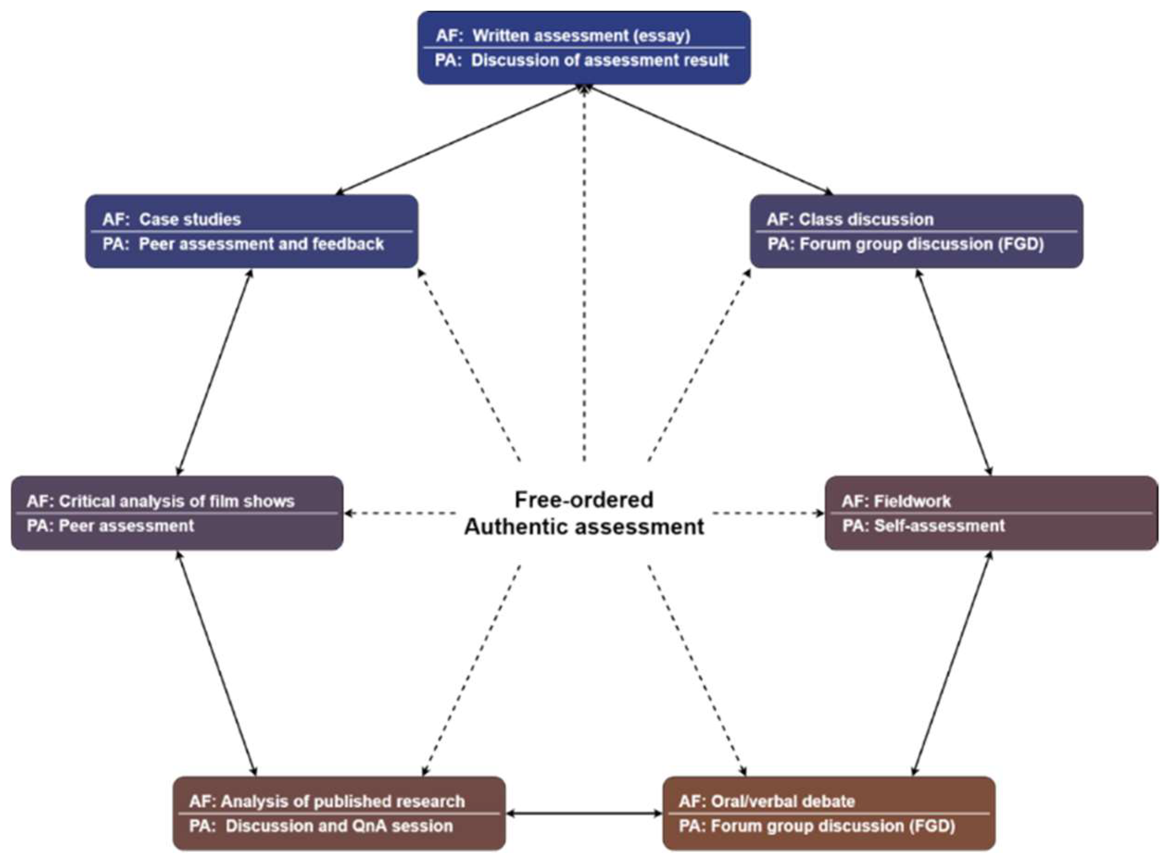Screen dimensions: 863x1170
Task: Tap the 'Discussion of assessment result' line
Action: click(x=600, y=61)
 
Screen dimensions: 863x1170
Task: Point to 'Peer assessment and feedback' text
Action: click(x=261, y=244)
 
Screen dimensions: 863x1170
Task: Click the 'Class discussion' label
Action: click(x=866, y=219)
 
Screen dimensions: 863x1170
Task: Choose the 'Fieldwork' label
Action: click(x=912, y=501)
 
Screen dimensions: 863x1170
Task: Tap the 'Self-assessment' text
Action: click(x=939, y=525)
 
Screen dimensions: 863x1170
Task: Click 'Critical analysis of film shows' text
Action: click(x=176, y=501)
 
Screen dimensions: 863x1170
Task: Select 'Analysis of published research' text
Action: click(x=343, y=801)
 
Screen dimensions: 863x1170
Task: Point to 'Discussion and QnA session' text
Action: click(x=339, y=826)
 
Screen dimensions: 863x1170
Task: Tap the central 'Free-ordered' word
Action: click(x=584, y=500)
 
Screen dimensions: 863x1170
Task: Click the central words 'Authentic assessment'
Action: click(x=584, y=526)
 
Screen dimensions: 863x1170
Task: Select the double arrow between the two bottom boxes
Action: click(x=584, y=813)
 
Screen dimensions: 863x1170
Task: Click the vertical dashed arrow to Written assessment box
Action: click(x=584, y=272)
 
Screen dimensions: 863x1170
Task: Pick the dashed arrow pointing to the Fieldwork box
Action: click(x=768, y=513)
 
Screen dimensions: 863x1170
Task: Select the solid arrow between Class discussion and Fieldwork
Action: click(x=954, y=372)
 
